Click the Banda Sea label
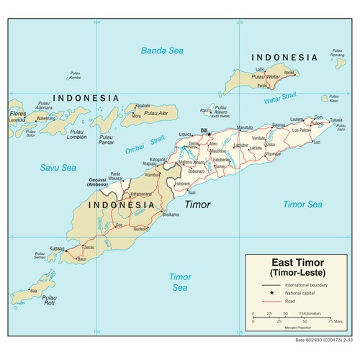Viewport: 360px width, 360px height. [x=162, y=50]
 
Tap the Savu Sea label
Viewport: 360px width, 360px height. [x=59, y=167]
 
